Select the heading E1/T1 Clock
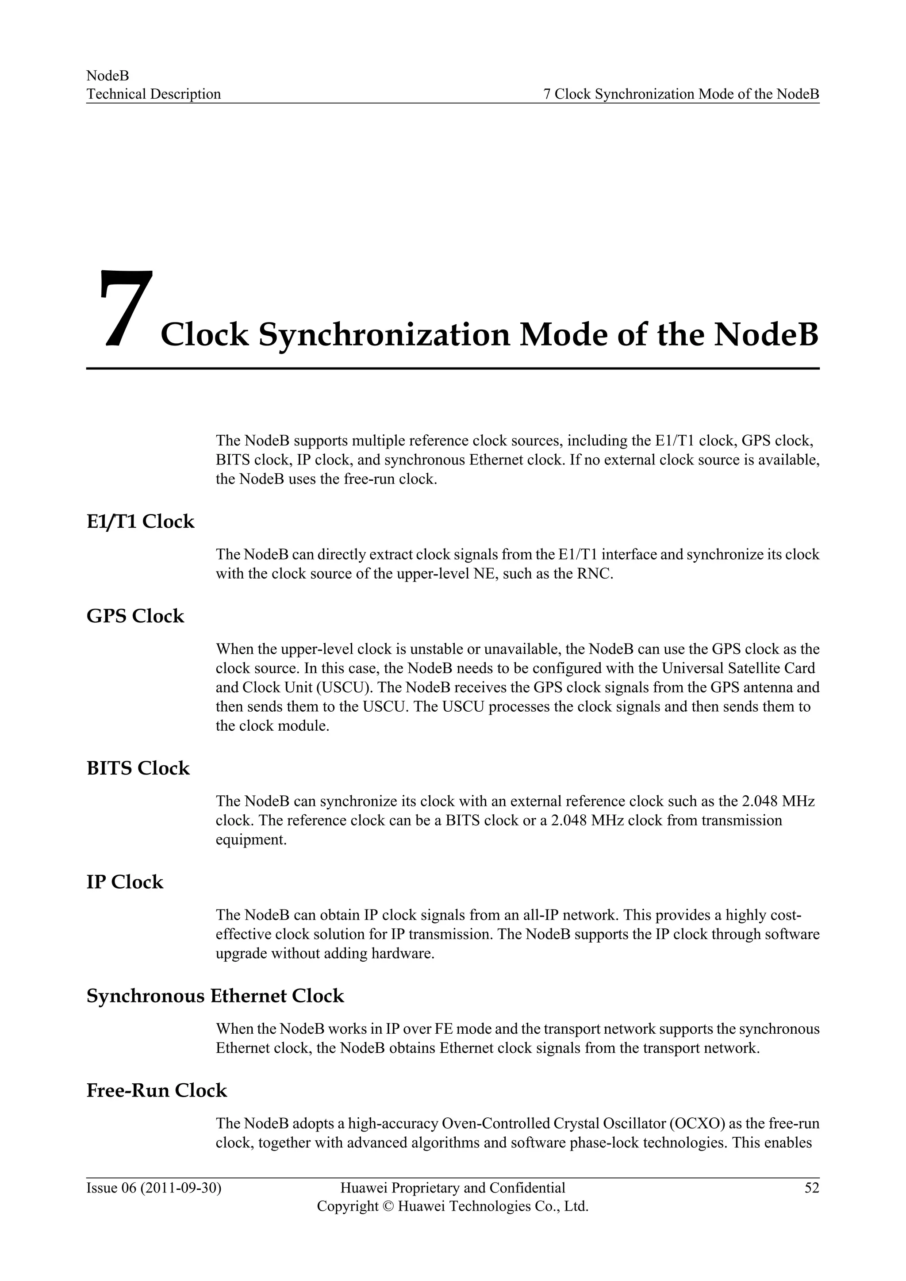(x=140, y=522)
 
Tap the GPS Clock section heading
(x=135, y=616)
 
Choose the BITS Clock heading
(x=138, y=768)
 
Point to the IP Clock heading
(x=124, y=882)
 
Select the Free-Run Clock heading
(x=156, y=1090)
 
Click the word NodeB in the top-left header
(x=107, y=75)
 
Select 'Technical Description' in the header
(x=154, y=94)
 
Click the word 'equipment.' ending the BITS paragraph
(x=251, y=840)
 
